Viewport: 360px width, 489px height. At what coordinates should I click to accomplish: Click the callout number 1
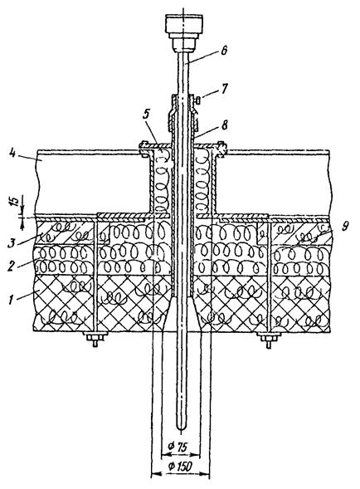[x=12, y=300]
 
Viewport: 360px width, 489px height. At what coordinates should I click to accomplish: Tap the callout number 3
[x=12, y=242]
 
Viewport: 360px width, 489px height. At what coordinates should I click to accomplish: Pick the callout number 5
[x=147, y=115]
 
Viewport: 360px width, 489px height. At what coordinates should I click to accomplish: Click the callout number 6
[x=224, y=51]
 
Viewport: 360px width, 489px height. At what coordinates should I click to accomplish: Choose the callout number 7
[x=225, y=88]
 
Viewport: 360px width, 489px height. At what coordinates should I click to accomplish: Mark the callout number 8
[x=224, y=125]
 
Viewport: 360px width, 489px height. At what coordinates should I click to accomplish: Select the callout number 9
[x=343, y=227]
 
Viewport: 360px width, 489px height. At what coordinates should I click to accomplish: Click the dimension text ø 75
[x=178, y=447]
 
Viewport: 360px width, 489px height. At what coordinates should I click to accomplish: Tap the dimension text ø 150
[x=180, y=467]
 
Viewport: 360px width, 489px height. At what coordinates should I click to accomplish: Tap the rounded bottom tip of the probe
[x=182, y=429]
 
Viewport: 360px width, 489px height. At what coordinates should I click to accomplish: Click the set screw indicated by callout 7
[x=197, y=100]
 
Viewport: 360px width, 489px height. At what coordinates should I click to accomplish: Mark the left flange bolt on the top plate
[x=144, y=148]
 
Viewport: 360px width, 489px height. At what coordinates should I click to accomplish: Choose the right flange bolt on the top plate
[x=221, y=148]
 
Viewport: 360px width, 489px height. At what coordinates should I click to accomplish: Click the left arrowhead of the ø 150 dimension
[x=154, y=474]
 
